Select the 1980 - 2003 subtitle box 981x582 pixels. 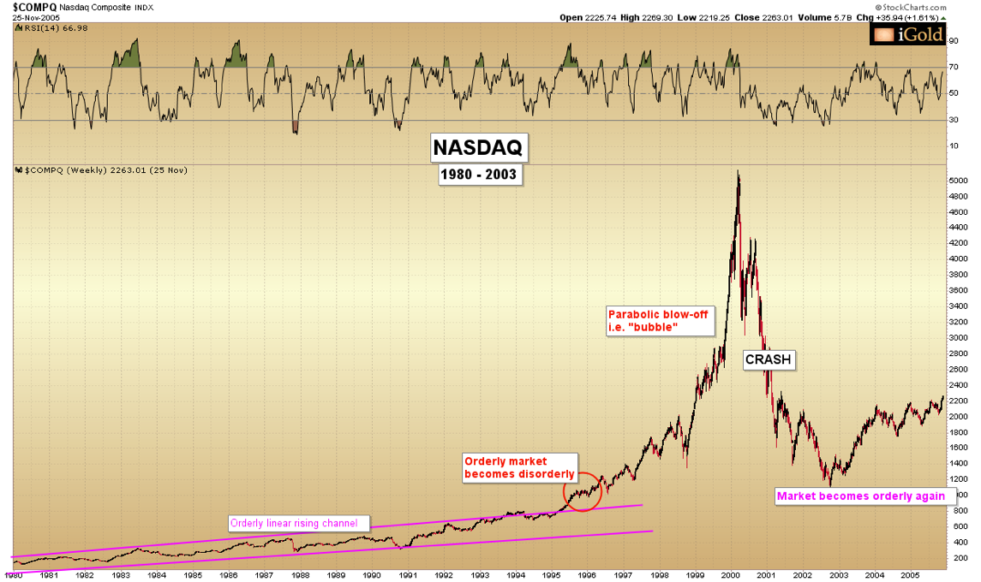(x=479, y=175)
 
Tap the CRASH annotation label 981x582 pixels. (x=769, y=360)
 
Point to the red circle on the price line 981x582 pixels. (x=581, y=492)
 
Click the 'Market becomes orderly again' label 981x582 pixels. (x=861, y=496)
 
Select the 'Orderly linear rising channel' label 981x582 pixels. (x=299, y=523)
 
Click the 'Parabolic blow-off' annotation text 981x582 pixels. (x=657, y=321)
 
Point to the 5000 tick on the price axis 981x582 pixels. (x=958, y=181)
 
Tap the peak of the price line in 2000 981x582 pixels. (x=738, y=172)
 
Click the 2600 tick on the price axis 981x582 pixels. (x=958, y=369)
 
